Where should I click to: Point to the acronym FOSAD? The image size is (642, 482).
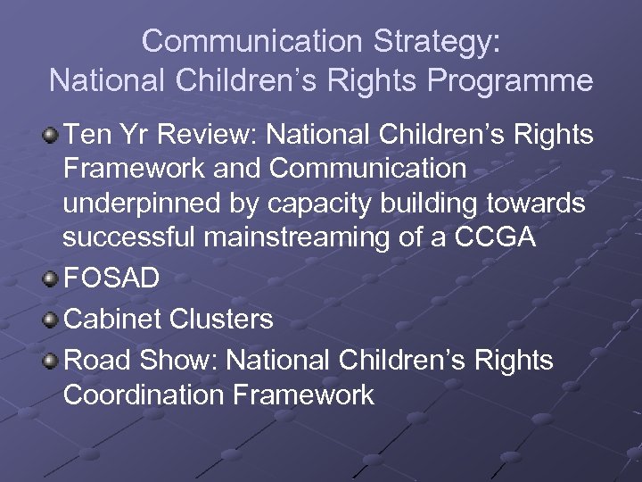[x=111, y=278]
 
